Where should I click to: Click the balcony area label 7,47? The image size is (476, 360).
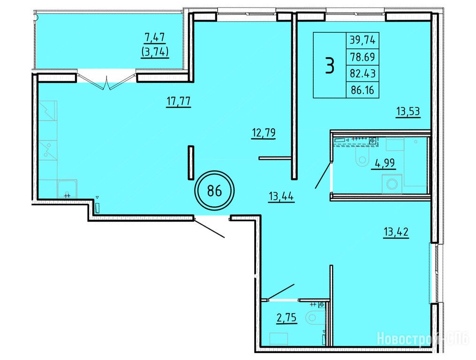click(155, 37)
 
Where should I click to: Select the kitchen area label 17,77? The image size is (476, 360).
click(179, 101)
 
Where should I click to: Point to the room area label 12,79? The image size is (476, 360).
click(264, 133)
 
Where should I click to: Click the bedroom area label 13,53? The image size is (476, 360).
click(408, 112)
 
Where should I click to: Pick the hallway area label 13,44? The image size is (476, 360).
click(281, 197)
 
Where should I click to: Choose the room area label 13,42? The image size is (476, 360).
click(396, 232)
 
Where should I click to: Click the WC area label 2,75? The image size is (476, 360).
click(287, 318)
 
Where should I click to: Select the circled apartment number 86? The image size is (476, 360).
click(214, 191)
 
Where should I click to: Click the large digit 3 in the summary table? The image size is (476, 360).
click(330, 65)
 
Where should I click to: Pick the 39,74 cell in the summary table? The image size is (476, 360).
click(363, 40)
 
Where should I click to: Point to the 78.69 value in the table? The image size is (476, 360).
click(363, 57)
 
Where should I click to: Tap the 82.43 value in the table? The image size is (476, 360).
click(363, 74)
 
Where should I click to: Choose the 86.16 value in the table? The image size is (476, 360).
click(363, 90)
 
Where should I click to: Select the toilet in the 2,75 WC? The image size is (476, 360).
click(315, 317)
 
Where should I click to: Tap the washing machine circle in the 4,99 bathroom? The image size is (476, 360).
click(393, 184)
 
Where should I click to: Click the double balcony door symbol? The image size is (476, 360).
click(106, 81)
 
